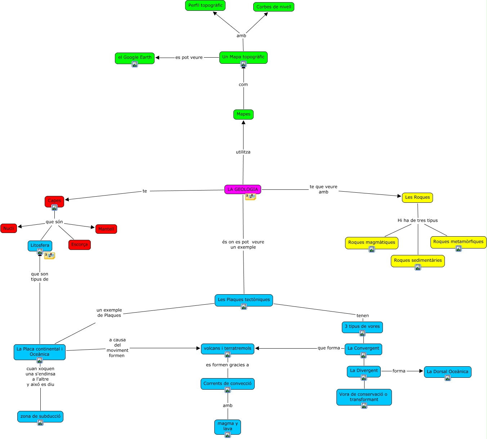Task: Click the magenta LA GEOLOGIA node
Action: coord(242,189)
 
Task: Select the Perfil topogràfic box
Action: coord(205,5)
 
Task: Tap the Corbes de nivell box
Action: coord(274,7)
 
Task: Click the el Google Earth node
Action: coord(134,58)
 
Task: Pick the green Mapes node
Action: coord(243,115)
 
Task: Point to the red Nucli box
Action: coord(9,228)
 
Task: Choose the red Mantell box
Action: coord(106,229)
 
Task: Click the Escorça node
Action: coord(79,245)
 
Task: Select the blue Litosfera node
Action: coord(40,246)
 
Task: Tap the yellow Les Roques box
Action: coord(417,197)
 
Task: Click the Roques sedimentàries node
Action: coord(417,261)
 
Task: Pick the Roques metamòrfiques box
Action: coord(458,242)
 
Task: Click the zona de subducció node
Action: coord(40,417)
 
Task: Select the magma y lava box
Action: coord(228,427)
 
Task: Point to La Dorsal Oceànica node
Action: coord(447,372)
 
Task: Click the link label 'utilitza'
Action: coord(243,152)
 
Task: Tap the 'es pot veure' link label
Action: coord(189,58)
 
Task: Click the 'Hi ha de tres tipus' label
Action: coord(417,220)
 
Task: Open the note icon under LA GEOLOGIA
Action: coord(250,196)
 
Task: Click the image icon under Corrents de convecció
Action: coord(228,390)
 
